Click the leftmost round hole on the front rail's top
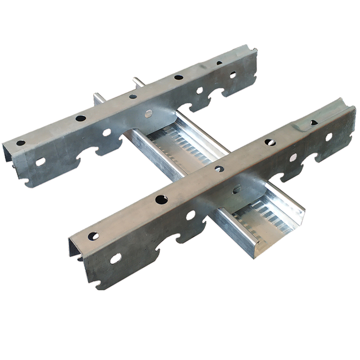(93, 235)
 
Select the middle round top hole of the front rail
(219, 169)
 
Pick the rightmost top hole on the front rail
(314, 122)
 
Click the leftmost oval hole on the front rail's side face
(116, 258)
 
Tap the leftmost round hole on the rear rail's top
(21, 143)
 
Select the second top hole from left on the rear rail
(81, 118)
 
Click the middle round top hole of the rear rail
(133, 96)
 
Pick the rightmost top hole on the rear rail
(219, 63)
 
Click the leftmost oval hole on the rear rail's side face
(40, 162)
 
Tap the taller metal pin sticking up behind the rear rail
(135, 83)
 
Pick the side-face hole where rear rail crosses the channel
(148, 113)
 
